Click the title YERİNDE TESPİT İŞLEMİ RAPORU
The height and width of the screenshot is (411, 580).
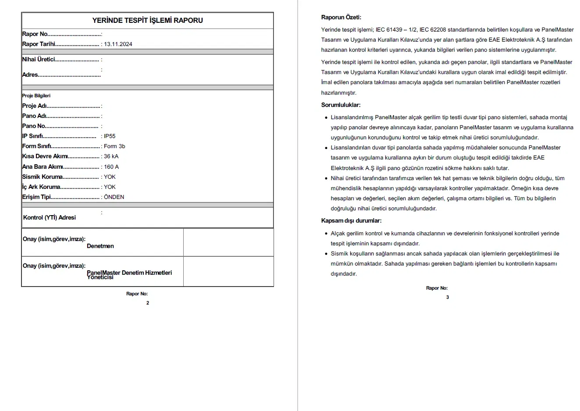(x=147, y=20)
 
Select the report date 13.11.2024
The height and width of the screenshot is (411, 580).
(x=118, y=44)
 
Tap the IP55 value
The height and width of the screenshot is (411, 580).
(x=110, y=136)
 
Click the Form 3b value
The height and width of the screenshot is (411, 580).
(x=114, y=146)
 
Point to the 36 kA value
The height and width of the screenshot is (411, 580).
(x=111, y=156)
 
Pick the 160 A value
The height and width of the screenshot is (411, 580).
(x=111, y=167)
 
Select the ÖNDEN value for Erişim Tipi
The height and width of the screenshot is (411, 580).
(x=114, y=197)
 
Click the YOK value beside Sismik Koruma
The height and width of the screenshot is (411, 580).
(x=110, y=177)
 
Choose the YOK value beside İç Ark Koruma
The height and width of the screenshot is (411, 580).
(x=110, y=187)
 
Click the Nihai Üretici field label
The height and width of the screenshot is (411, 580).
(x=39, y=60)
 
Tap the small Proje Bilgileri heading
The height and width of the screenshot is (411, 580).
(x=36, y=96)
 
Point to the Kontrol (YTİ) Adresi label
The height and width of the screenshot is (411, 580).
(x=50, y=218)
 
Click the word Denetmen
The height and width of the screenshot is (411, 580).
(x=100, y=246)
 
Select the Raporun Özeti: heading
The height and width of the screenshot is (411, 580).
(x=341, y=18)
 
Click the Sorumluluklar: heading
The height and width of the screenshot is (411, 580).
(x=341, y=105)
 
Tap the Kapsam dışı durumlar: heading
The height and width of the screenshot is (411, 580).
(x=351, y=221)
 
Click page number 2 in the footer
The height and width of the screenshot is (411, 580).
(x=148, y=303)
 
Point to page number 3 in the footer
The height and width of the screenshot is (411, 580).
(x=447, y=297)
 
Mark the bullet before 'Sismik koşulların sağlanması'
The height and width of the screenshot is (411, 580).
(x=326, y=254)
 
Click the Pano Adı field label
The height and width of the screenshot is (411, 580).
(x=34, y=116)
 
